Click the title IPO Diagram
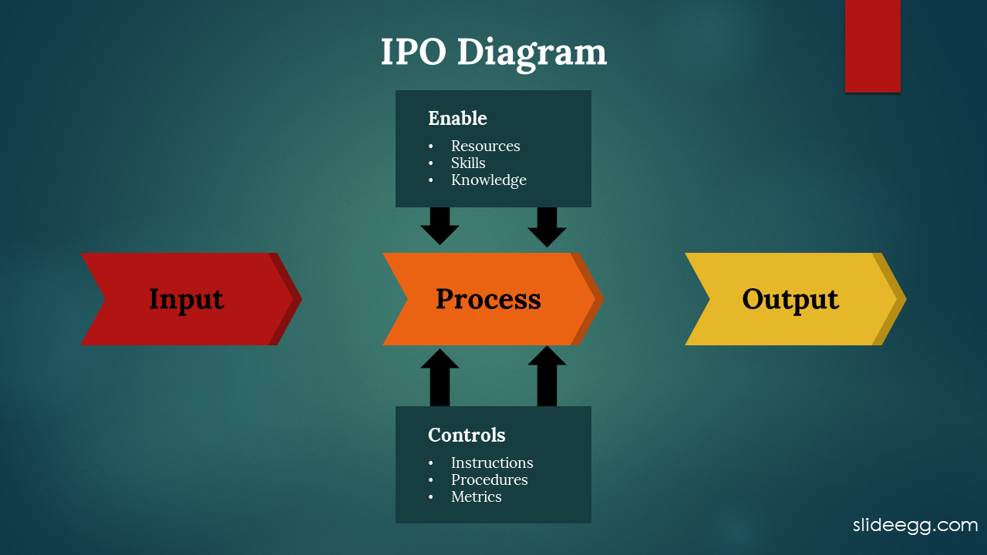coord(493,53)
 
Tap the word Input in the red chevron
coord(187,300)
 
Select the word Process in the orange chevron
coord(488,300)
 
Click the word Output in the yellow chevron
coord(790,300)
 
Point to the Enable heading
coord(457,118)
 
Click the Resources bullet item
coord(485,146)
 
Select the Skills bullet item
coord(468,163)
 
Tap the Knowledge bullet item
coord(489,180)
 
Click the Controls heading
coord(467,435)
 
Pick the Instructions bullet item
coord(492,462)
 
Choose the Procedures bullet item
coord(489,479)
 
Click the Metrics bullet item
coord(476,496)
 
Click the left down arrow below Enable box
coord(440,226)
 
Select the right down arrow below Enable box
coord(547,227)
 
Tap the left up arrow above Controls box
coord(440,378)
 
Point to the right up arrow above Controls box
coord(547,375)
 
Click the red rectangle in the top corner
coord(872,46)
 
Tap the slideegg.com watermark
coord(915,526)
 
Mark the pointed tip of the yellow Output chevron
coord(906,299)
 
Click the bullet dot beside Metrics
coord(430,497)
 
